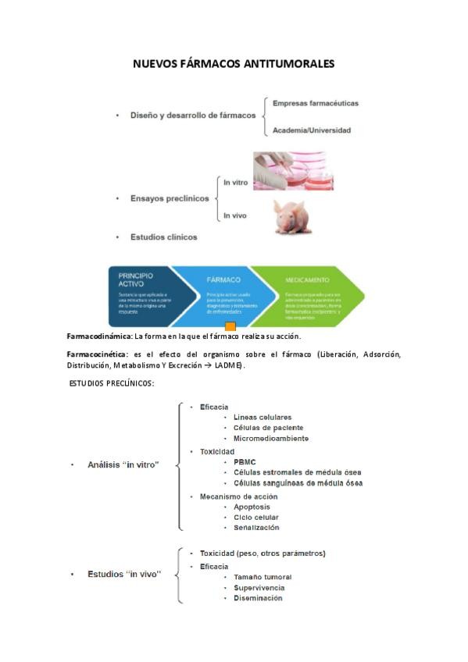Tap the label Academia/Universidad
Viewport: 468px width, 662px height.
(x=311, y=130)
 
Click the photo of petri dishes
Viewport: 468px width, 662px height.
(x=293, y=171)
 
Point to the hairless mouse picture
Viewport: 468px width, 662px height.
(x=292, y=216)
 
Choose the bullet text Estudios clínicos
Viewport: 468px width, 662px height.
(x=163, y=237)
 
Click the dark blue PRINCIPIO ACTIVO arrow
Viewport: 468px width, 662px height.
(x=141, y=290)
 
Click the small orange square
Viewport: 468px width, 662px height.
(x=230, y=326)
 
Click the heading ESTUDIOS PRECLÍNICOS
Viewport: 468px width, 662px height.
(x=112, y=383)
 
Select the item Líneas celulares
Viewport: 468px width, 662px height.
(x=262, y=417)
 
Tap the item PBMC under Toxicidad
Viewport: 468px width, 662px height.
(x=244, y=461)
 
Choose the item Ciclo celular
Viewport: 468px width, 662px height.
(x=255, y=517)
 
